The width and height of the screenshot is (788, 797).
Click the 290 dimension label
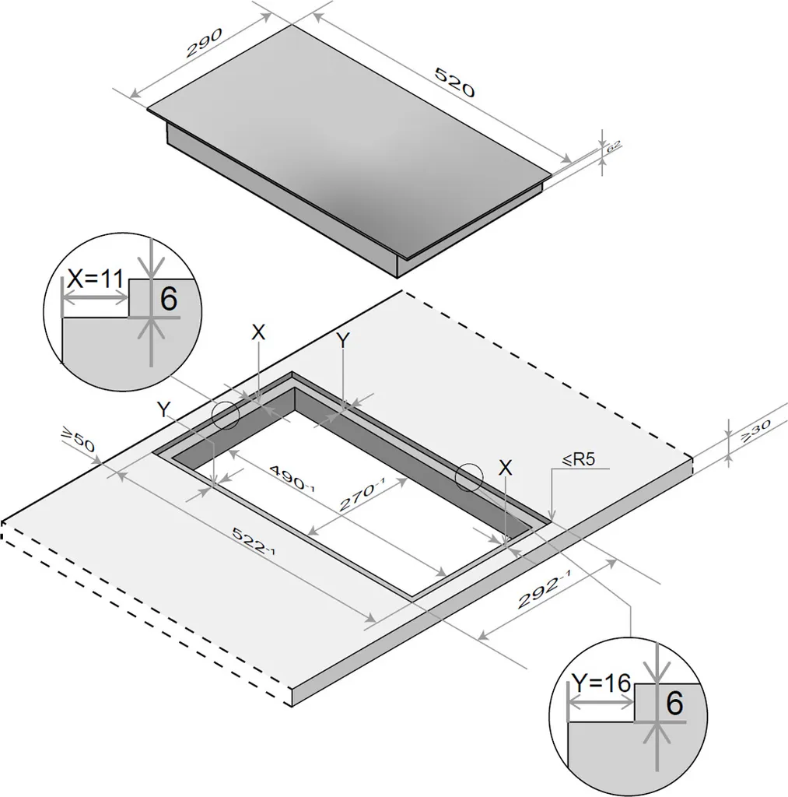205,43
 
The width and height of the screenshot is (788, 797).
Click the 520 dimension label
455,81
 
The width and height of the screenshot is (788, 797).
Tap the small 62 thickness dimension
614,146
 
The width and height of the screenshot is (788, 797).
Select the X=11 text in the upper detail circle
96,279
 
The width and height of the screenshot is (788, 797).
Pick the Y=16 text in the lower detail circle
601,683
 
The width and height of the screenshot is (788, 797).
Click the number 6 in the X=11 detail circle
169,298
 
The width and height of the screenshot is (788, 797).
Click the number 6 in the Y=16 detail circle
674,704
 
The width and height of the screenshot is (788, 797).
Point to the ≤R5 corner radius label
578,459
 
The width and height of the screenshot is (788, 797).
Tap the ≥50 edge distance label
78,441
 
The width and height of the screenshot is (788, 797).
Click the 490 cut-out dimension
292,477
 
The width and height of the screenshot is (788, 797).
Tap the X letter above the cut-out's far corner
258,333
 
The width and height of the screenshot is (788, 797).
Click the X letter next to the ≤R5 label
505,468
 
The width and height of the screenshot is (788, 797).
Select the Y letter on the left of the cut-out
163,409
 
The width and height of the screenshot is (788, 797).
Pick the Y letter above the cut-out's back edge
344,341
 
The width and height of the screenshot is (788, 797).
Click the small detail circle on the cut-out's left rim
226,416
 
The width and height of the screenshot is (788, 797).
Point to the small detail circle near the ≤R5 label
468,477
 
